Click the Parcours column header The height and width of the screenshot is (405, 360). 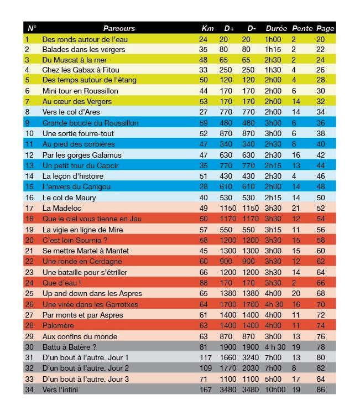119,28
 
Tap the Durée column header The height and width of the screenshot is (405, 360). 276,28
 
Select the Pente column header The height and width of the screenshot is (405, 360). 302,28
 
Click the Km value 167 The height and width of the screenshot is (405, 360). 206,390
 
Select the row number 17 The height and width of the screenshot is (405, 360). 30,208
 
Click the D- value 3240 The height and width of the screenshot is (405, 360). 251,357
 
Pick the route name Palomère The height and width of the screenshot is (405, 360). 58,325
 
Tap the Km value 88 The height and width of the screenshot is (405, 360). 204,283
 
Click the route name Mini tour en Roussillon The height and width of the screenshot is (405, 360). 80,91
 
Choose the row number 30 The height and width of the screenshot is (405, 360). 30,347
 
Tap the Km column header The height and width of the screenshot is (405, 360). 207,28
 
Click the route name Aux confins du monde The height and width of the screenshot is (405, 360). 79,336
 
